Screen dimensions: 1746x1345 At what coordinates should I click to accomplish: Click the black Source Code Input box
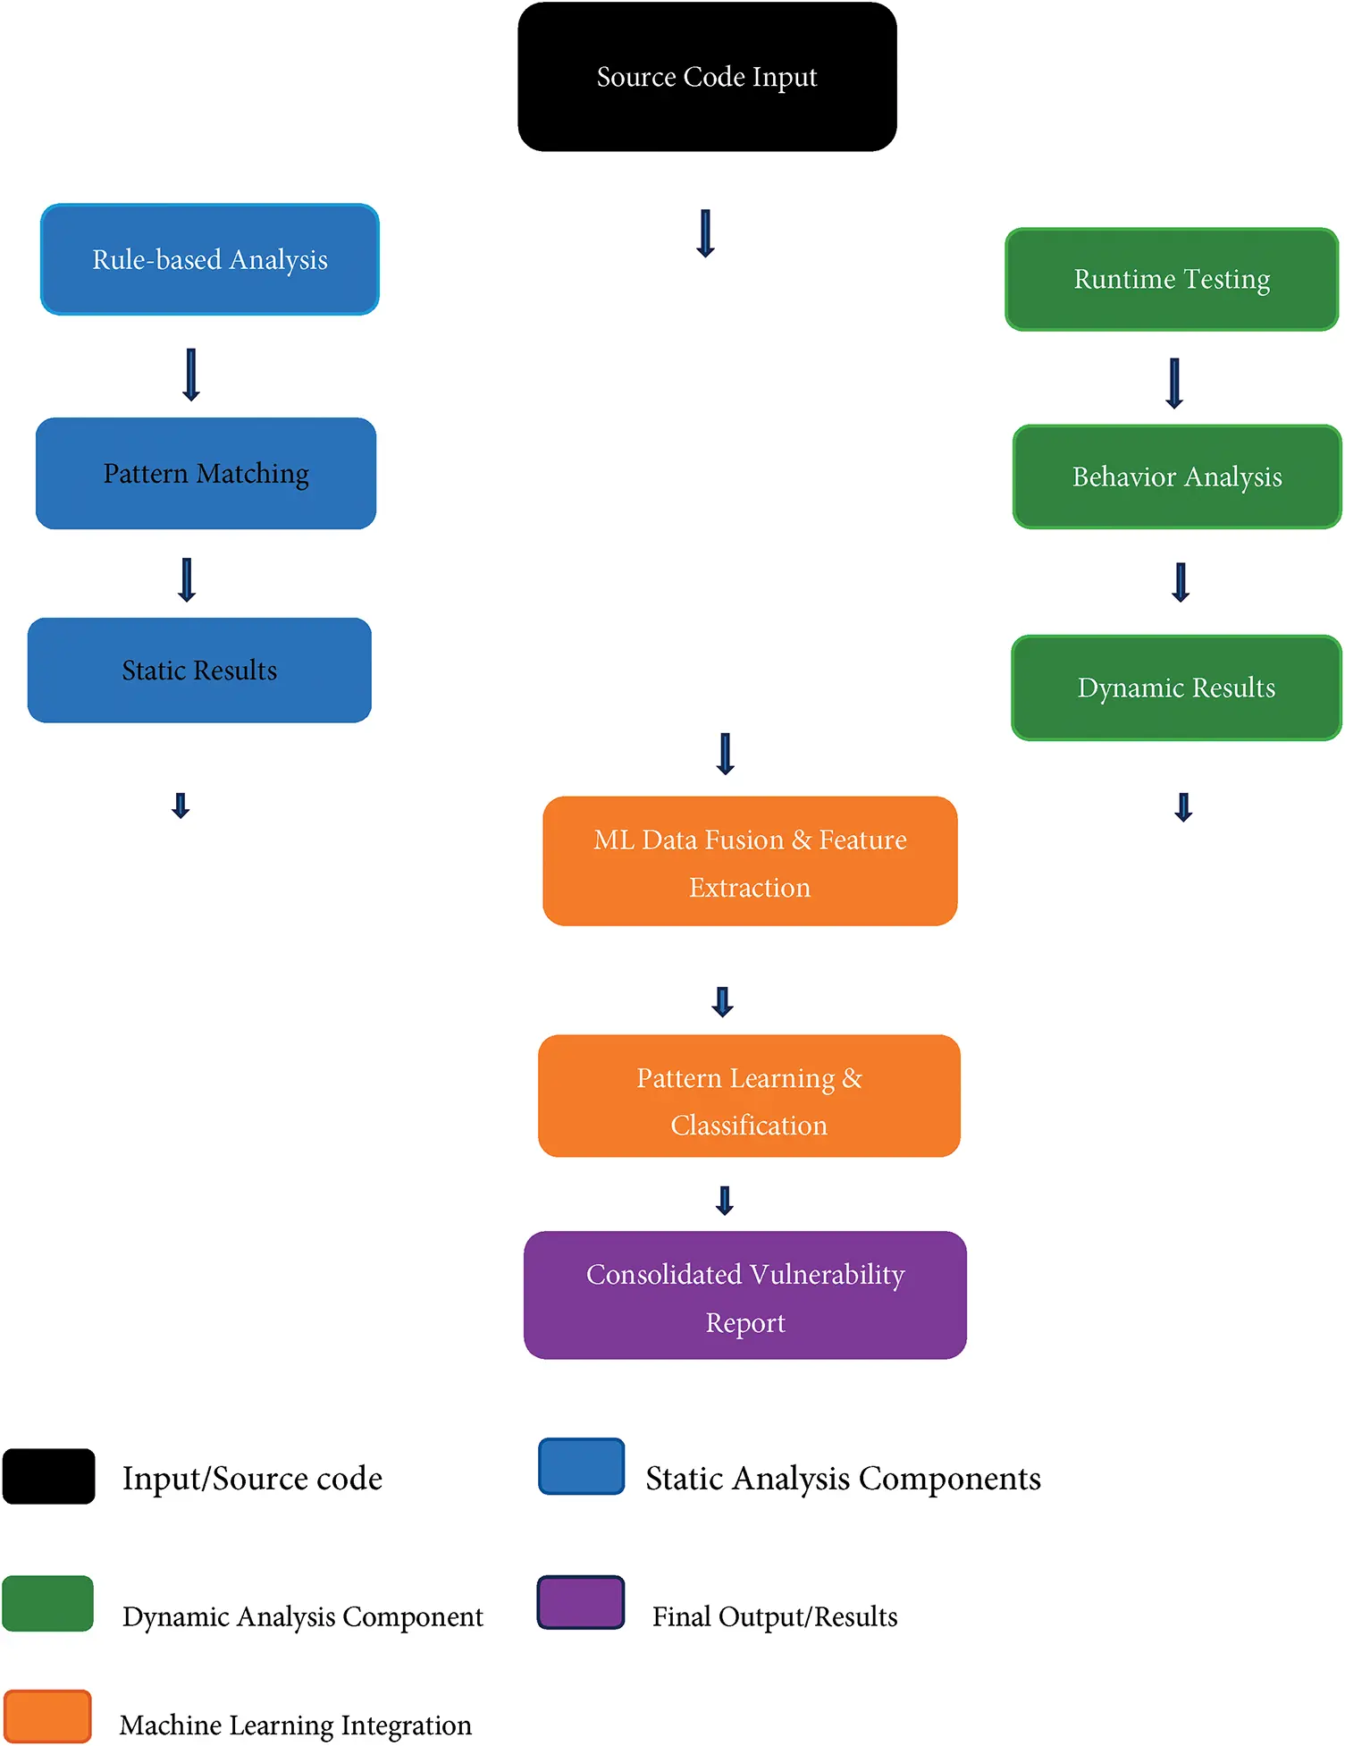click(707, 77)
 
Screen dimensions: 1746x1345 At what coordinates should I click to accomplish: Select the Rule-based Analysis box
click(210, 259)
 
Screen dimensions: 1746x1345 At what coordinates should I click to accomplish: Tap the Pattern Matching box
click(206, 473)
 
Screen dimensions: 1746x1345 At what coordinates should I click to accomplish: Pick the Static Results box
click(199, 671)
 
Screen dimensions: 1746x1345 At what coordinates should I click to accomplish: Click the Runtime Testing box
click(1172, 279)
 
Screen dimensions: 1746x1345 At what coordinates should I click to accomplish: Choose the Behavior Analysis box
click(1177, 477)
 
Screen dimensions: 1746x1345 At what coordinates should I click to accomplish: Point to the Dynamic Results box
click(1176, 687)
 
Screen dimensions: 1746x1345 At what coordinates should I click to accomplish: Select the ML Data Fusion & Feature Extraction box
click(750, 861)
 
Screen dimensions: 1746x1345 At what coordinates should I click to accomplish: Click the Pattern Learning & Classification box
click(749, 1096)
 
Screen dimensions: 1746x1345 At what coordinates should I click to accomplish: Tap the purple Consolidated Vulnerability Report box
click(745, 1295)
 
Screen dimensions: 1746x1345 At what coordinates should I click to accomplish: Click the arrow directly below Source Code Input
click(705, 233)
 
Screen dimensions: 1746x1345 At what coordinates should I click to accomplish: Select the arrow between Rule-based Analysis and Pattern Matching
click(190, 374)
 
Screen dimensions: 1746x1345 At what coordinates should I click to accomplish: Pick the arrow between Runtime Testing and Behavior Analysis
click(1174, 383)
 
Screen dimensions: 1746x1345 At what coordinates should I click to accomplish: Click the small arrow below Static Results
click(181, 806)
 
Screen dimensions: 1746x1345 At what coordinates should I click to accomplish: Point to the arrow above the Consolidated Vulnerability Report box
click(725, 1200)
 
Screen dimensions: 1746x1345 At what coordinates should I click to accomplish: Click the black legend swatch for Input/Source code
click(49, 1477)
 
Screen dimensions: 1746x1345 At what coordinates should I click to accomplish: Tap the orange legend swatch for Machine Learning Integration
click(47, 1716)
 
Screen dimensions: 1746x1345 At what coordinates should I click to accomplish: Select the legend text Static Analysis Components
click(843, 1479)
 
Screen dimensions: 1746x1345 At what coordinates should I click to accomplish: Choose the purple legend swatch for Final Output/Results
click(581, 1603)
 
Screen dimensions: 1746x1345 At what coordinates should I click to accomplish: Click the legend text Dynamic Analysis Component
click(302, 1616)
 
